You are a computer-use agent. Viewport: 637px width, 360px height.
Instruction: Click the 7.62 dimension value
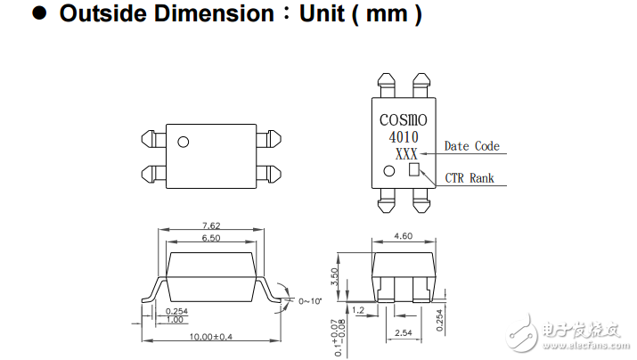pos(210,226)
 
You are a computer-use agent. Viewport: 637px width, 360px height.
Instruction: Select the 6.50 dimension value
pos(210,239)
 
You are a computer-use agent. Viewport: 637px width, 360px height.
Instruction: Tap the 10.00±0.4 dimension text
pos(211,337)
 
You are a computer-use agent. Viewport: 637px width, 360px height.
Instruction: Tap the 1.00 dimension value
pos(175,319)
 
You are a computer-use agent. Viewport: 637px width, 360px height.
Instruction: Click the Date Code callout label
pos(471,146)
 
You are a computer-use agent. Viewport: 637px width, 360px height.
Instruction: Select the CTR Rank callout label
pos(470,178)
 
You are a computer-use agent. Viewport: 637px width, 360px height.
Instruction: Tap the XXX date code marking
pos(405,153)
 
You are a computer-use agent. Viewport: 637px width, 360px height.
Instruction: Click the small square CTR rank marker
pos(414,170)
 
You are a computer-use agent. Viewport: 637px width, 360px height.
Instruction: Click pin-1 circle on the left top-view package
pos(184,142)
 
